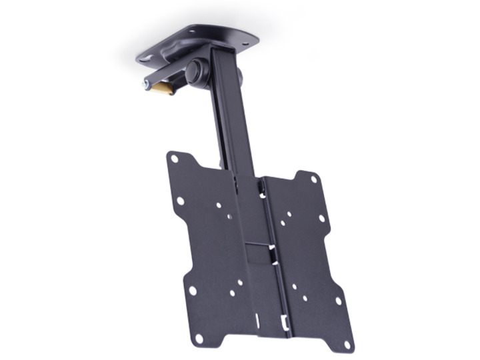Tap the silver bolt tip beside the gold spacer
pos(146,85)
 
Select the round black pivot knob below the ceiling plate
pos(197,71)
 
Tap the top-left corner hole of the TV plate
pos(175,159)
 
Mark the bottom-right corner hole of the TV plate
pos(347,346)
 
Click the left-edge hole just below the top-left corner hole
pos(180,201)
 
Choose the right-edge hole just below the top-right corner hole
pos(321,218)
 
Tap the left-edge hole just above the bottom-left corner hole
pos(192,291)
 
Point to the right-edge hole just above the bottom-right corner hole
pos(339,301)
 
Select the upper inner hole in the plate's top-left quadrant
pos(219,205)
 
